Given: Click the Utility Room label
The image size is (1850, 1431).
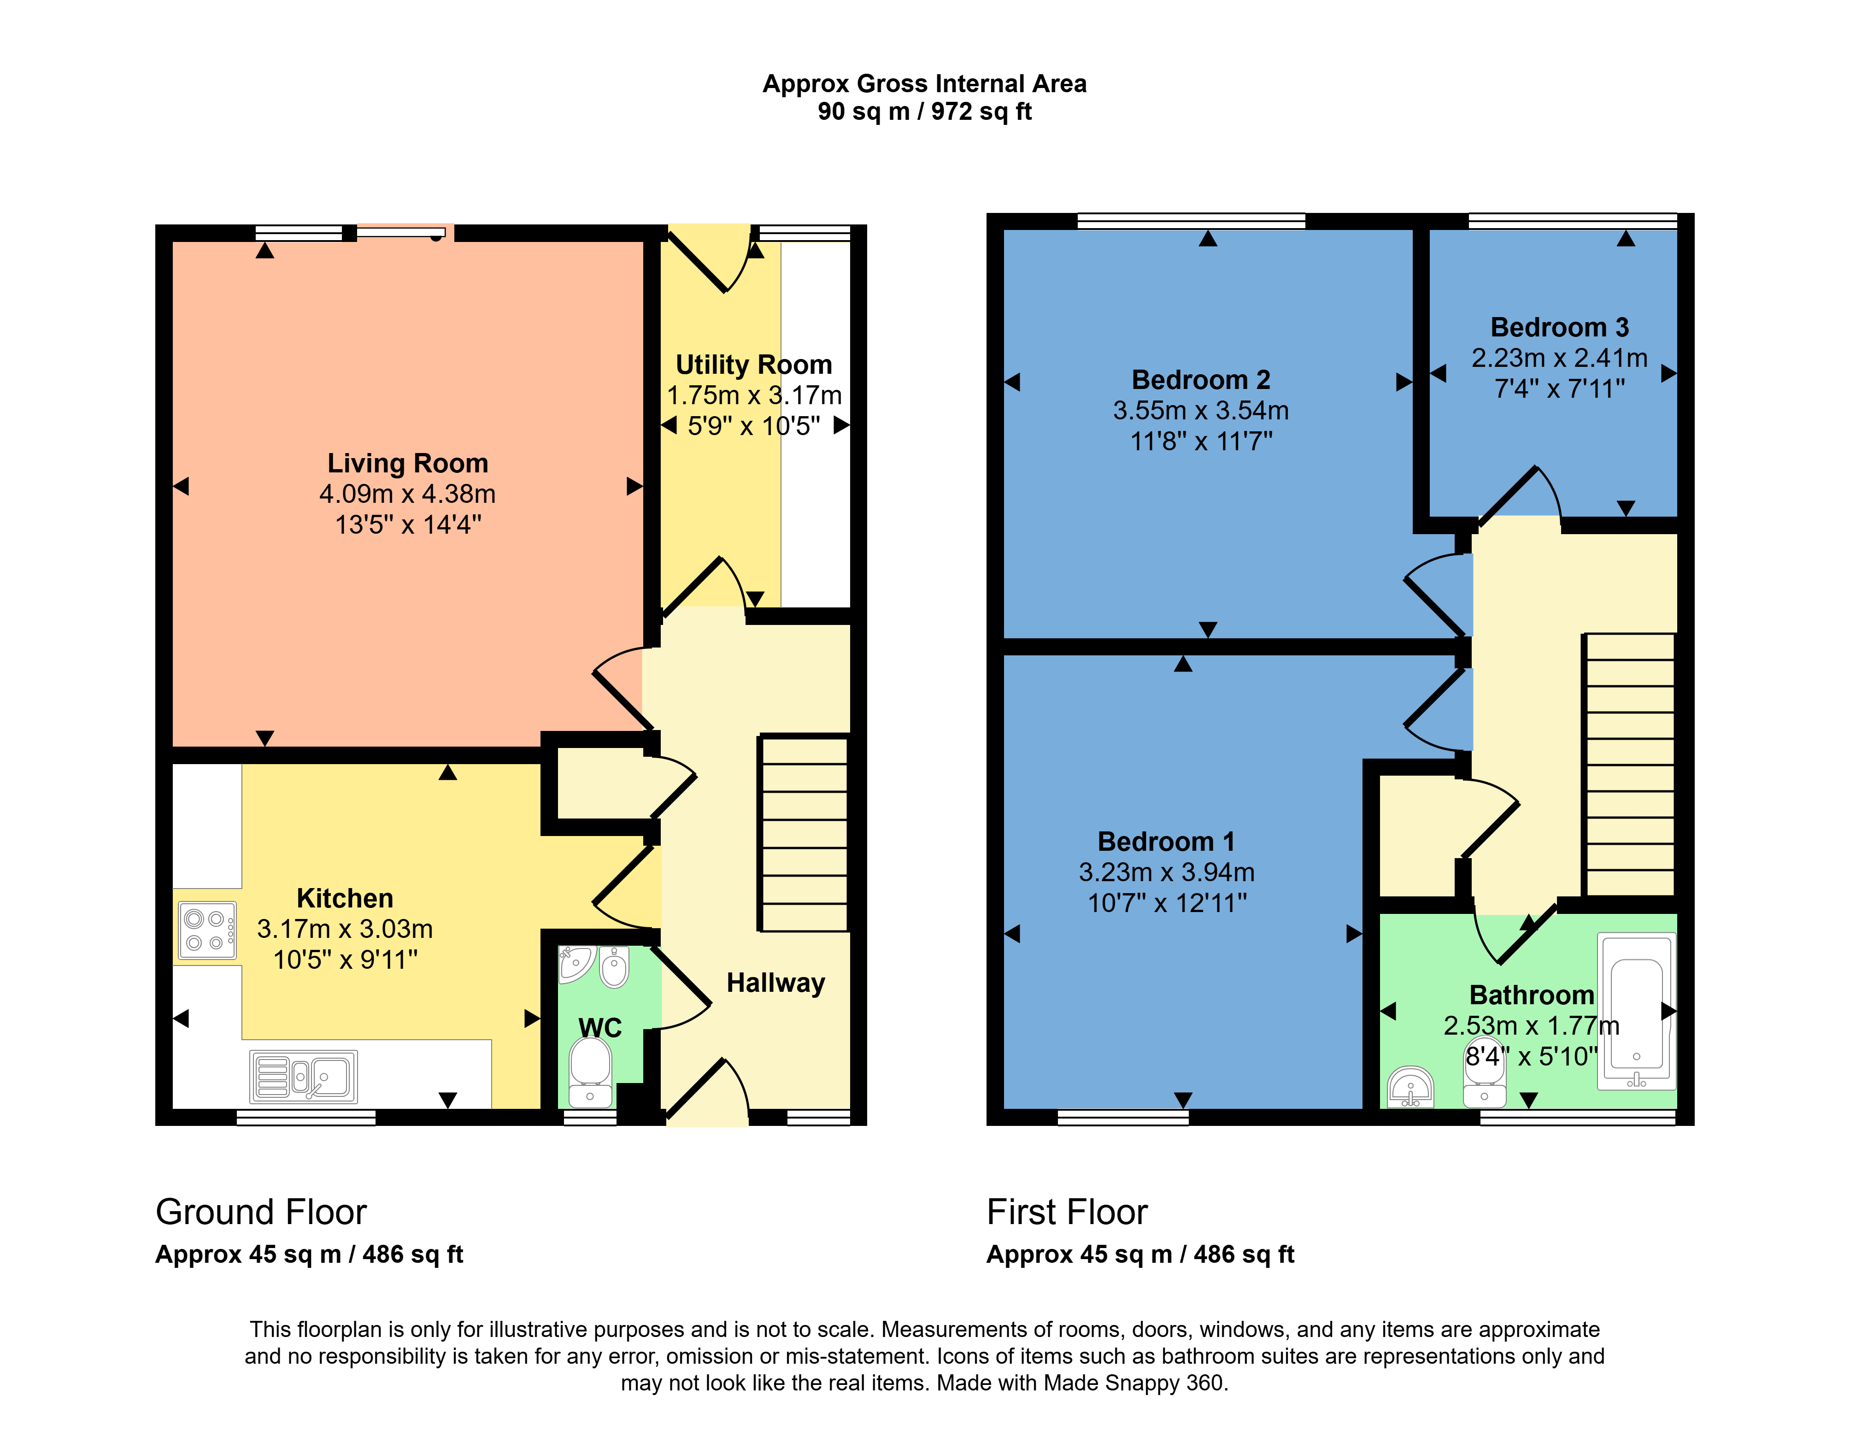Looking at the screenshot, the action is pyautogui.click(x=754, y=364).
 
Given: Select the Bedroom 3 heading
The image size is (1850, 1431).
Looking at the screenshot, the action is pyautogui.click(x=1559, y=327).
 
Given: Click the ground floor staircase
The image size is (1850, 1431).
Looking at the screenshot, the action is pyautogui.click(x=803, y=833).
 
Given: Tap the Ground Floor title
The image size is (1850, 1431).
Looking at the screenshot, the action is pyautogui.click(x=261, y=1212).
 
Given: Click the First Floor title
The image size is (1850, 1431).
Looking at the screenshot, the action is pyautogui.click(x=1067, y=1212).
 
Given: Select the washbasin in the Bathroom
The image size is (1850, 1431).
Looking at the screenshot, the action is pyautogui.click(x=1410, y=1087).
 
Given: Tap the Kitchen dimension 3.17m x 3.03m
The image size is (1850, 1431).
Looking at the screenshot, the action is pyautogui.click(x=345, y=929).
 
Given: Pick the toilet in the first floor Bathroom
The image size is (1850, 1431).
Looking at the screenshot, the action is pyautogui.click(x=1484, y=1072).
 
